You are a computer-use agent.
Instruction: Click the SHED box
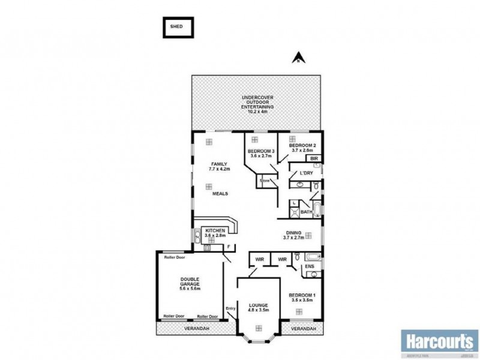pos(179,26)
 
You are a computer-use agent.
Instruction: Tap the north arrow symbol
pos(296,58)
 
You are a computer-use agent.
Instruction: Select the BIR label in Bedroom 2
pos(314,159)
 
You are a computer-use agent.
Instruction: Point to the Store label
pos(265,180)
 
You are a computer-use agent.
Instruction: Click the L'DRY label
pos(305,174)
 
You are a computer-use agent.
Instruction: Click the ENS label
pos(310,266)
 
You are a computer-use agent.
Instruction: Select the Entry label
pos(231,309)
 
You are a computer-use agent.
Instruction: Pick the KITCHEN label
pos(215,231)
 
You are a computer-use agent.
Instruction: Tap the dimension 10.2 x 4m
pos(257,112)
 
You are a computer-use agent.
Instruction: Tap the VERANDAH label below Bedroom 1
pos(303,329)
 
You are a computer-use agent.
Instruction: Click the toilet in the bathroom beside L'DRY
pos(315,187)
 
